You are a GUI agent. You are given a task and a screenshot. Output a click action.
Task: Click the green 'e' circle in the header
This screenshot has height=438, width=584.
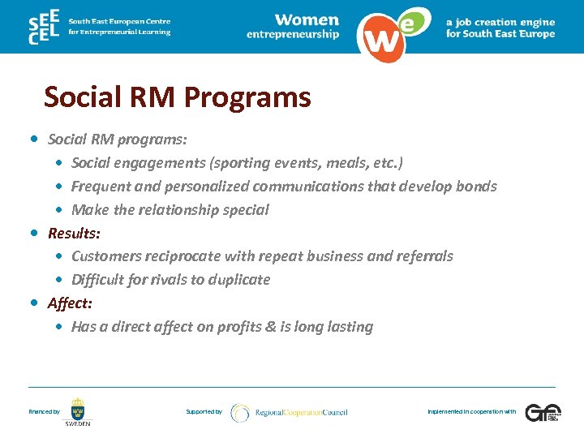412,23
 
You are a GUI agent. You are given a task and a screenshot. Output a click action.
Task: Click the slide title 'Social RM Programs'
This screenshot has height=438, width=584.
177,97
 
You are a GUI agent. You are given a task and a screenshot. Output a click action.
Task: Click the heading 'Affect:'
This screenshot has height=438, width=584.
70,303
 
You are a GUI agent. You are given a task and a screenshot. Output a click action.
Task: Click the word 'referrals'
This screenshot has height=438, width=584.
424,256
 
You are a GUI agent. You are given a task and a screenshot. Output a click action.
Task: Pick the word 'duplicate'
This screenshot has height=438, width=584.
238,280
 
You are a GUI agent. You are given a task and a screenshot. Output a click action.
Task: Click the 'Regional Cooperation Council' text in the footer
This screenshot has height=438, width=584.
301,412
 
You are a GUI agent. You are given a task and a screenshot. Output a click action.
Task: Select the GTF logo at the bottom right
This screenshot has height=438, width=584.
542,412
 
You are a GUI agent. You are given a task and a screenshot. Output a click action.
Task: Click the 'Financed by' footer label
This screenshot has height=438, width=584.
44,412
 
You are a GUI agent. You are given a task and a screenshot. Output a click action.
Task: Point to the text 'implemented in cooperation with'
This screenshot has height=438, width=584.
471,412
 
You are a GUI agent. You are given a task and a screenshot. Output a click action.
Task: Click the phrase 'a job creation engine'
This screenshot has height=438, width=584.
500,22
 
